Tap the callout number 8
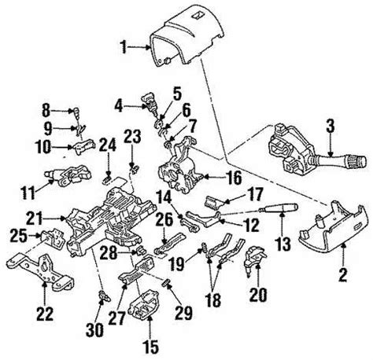click(x=45, y=108)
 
